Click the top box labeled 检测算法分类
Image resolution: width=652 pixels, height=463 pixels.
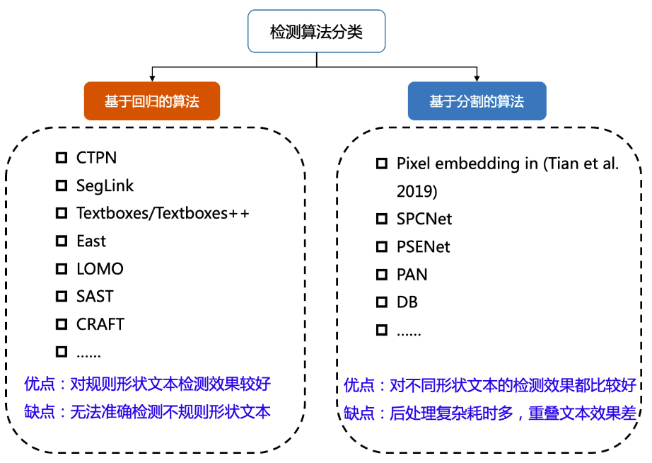(x=316, y=31)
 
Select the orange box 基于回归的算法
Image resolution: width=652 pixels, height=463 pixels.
(x=152, y=101)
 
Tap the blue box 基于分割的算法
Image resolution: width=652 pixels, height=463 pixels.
(x=477, y=101)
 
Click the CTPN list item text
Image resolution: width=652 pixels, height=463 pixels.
(x=96, y=157)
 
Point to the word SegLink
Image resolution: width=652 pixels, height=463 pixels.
(x=105, y=185)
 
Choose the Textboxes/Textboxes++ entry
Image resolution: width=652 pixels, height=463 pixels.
(x=163, y=213)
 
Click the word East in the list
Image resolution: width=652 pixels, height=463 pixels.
(x=91, y=241)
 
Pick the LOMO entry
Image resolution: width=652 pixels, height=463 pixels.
(x=100, y=269)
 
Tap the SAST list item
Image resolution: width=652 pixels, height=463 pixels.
(x=95, y=297)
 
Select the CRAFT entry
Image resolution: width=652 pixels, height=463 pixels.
(x=100, y=324)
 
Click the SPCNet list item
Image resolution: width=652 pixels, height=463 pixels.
(x=424, y=219)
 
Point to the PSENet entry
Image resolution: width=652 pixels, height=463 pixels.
(x=423, y=247)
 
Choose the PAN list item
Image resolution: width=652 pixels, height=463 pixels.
(x=412, y=275)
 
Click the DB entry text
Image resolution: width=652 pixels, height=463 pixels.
(x=407, y=302)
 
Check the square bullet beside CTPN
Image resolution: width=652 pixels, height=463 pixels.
(x=62, y=157)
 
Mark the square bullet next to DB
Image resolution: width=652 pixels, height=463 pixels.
(x=382, y=302)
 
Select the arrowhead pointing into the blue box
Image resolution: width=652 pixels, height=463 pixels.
(x=477, y=77)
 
